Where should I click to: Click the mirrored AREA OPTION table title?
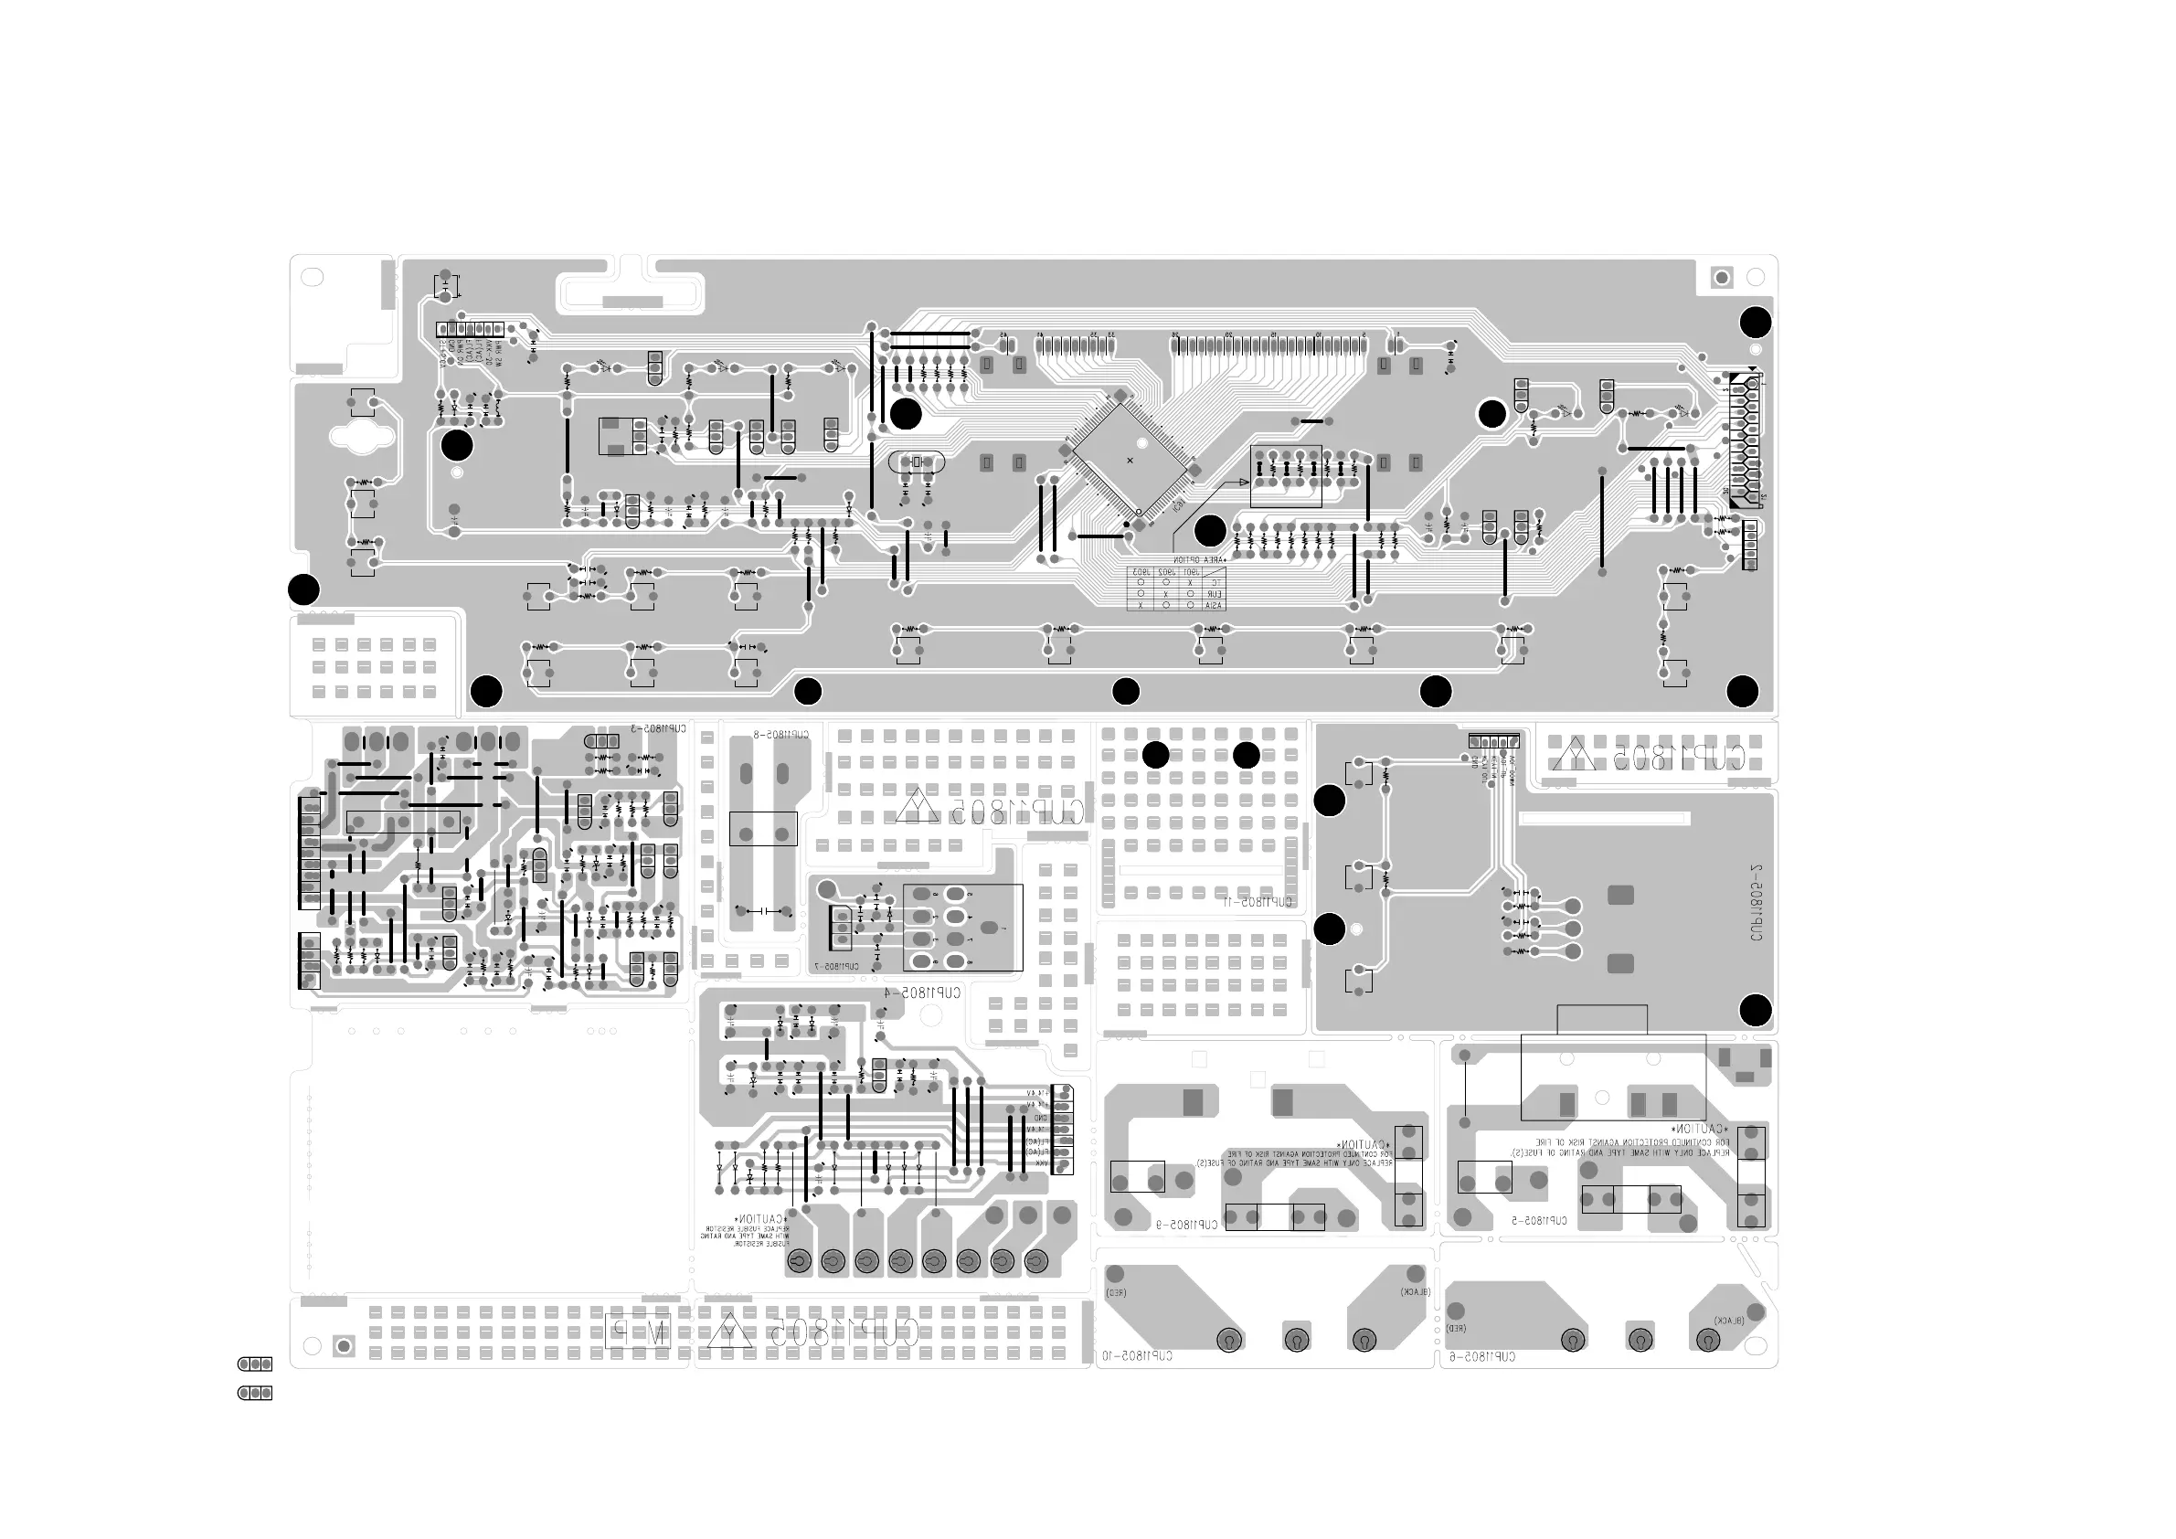pos(1199,560)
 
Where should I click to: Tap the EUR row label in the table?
pos(1214,593)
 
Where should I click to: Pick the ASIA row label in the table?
pos(1214,605)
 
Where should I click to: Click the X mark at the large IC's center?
pos(1130,461)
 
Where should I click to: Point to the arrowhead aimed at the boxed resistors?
pos(1245,483)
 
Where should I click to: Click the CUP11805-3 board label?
pos(658,729)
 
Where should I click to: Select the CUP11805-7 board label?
pos(835,967)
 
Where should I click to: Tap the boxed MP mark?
pos(637,1330)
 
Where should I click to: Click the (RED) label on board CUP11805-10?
pos(1117,1292)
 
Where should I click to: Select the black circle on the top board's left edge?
pos(304,589)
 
